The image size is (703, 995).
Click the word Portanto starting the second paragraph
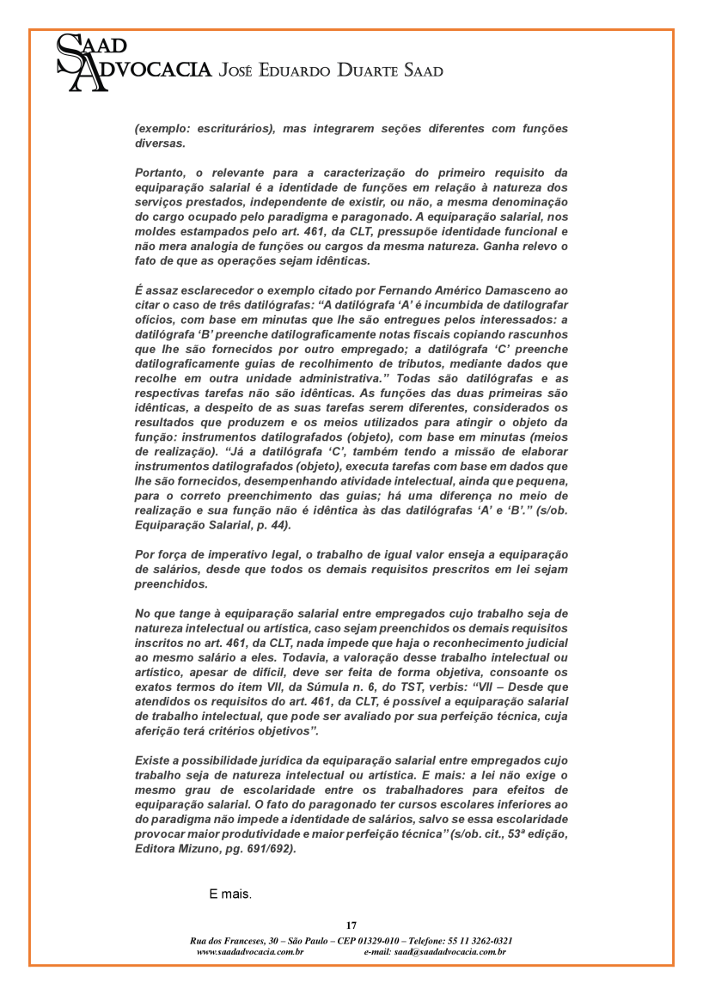click(x=159, y=173)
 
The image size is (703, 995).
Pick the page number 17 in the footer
click(x=351, y=925)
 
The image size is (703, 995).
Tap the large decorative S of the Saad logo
click(x=69, y=52)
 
